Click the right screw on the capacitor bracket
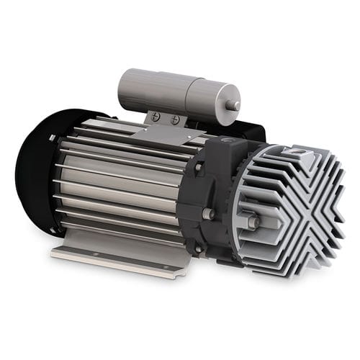click(x=175, y=120)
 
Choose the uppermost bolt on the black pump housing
click(x=198, y=167)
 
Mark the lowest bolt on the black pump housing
click(x=198, y=249)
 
